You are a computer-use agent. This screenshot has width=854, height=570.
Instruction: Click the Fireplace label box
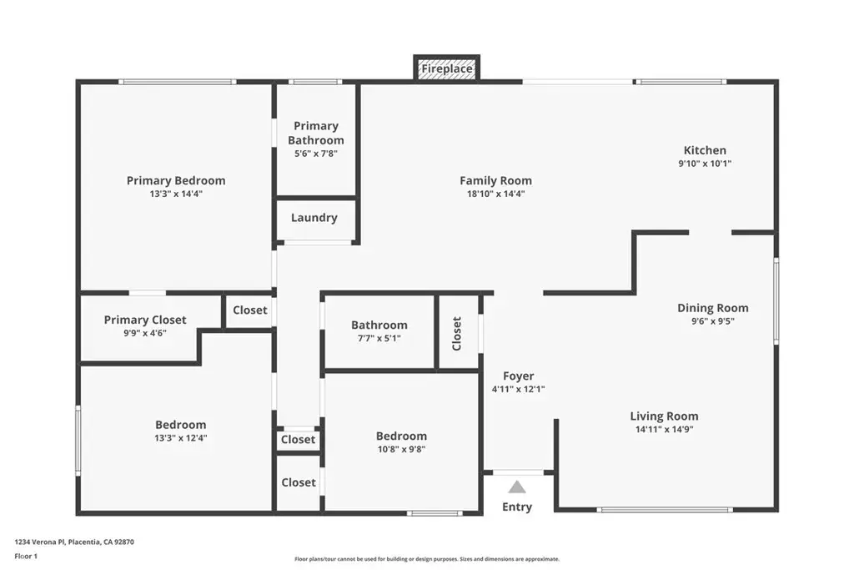[447, 69]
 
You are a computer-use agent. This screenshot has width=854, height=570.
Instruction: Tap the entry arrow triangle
[517, 487]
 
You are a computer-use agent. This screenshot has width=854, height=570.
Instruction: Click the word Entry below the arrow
[517, 507]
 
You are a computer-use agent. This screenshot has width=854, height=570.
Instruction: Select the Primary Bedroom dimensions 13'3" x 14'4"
[176, 194]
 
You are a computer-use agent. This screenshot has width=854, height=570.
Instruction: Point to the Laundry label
[314, 218]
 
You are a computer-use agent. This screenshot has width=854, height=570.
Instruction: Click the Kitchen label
[705, 150]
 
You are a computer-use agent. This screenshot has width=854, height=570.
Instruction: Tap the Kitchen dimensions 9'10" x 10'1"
[705, 164]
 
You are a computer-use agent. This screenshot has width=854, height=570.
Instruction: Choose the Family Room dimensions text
[495, 194]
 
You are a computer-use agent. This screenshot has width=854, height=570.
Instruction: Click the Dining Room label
[713, 308]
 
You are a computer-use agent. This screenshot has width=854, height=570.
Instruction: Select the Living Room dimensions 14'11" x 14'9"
[665, 430]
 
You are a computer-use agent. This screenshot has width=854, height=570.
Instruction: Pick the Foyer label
[519, 376]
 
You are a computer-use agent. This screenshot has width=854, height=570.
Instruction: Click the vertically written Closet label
[457, 334]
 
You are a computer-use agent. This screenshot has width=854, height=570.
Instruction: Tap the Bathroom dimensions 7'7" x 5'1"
[379, 338]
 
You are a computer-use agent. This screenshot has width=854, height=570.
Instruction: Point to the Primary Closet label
[145, 320]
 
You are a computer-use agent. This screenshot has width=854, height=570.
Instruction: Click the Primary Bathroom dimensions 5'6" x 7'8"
[316, 154]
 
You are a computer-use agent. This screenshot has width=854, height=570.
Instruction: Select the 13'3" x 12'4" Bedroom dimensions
[181, 438]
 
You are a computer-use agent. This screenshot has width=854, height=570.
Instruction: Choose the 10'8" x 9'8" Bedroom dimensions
[401, 450]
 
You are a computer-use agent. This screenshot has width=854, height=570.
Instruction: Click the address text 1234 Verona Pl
[40, 542]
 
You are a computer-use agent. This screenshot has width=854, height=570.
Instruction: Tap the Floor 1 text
[26, 557]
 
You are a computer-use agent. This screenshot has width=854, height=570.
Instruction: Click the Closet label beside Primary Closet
[250, 310]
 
